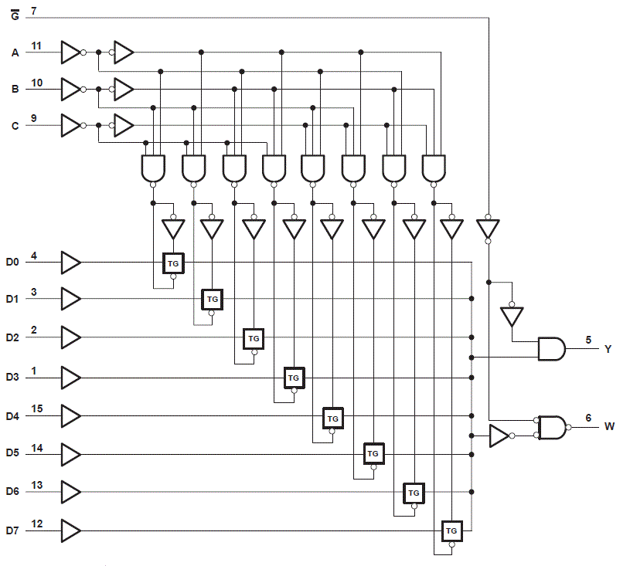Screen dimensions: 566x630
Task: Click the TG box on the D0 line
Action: pos(172,263)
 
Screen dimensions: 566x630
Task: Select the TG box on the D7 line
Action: pos(451,531)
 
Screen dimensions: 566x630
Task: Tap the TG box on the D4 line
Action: pos(332,418)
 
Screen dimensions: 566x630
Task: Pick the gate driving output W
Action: pos(552,427)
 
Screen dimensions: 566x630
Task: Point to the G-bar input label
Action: pos(15,13)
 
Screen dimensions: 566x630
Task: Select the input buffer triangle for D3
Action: pos(70,378)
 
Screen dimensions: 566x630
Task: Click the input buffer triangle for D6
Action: pos(70,492)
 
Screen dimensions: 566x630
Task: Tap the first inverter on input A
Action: pos(70,53)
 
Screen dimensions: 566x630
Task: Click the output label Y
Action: pos(608,349)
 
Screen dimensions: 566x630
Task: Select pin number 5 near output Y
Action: pos(588,340)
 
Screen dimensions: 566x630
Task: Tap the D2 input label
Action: pos(12,338)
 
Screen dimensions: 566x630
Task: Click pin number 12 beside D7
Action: pos(36,524)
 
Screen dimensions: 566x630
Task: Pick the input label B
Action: pos(15,90)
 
